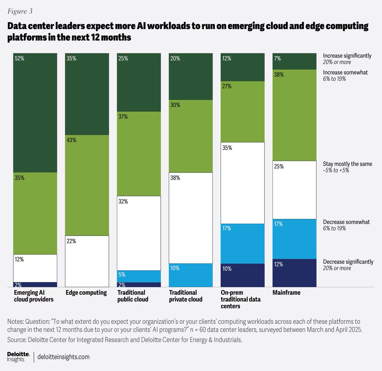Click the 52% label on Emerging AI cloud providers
point(19,59)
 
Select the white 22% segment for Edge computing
point(87,261)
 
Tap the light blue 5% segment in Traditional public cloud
point(139,276)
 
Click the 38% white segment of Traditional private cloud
point(191,218)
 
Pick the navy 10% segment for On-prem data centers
point(243,275)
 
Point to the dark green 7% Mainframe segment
point(294,61)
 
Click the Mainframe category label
point(286,293)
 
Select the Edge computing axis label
point(86,293)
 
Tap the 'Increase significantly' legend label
point(347,56)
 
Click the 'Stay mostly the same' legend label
point(347,164)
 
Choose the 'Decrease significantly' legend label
point(348,262)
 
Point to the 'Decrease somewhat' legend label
point(346,222)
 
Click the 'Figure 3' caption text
point(20,11)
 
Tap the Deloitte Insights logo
point(18,357)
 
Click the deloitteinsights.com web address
point(63,357)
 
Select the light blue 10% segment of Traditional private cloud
point(191,275)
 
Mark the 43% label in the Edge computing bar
point(72,140)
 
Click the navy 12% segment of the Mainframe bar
point(294,273)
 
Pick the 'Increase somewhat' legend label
point(345,72)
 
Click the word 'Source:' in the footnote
point(17,340)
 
